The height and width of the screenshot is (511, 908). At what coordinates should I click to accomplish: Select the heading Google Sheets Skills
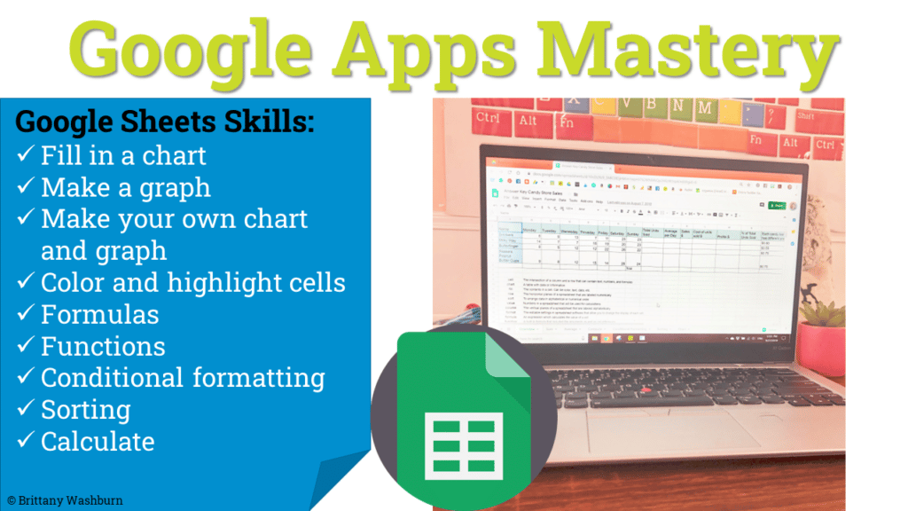pos(165,122)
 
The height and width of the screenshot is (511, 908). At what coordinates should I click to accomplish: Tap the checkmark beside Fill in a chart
pos(26,157)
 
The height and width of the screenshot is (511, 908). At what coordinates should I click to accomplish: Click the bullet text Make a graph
pos(126,187)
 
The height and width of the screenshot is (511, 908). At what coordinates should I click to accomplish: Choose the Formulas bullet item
pos(100,314)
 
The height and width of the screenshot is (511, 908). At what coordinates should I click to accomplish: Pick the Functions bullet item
pos(103,346)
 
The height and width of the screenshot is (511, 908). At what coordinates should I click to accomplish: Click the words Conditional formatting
pos(183,377)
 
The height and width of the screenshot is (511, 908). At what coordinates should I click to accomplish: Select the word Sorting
pos(86,409)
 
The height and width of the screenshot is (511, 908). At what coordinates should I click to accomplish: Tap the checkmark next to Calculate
pos(26,442)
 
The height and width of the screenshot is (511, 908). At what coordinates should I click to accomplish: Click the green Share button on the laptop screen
pos(777,206)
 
